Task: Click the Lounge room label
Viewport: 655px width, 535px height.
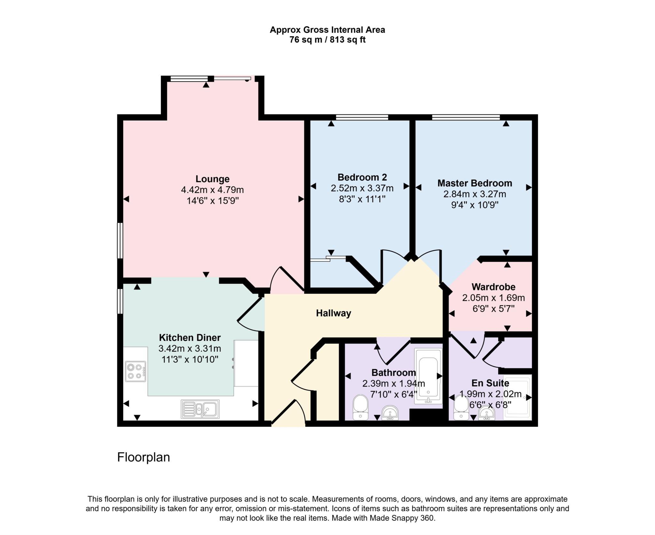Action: coord(212,179)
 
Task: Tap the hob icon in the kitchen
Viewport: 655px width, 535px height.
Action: coord(136,371)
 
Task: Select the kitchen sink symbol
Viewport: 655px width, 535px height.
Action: coord(200,409)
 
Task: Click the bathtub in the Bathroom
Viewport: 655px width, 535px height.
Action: coord(428,376)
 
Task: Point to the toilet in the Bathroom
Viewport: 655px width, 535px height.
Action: coord(360,407)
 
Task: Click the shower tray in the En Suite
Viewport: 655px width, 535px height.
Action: coord(517,397)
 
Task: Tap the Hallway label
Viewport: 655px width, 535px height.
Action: coord(333,313)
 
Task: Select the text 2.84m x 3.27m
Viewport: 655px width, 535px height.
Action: coord(475,194)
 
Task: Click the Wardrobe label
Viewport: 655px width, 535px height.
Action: coord(493,287)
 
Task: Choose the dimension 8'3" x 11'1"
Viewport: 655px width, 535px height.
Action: coord(362,199)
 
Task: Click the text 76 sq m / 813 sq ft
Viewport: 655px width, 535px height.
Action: coord(327,40)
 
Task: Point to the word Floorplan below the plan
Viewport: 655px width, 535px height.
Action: coord(143,457)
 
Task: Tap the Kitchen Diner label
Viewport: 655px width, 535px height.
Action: coord(190,337)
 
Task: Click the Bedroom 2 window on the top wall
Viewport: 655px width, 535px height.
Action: coord(362,117)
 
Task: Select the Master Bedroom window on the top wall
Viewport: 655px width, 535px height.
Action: coord(466,117)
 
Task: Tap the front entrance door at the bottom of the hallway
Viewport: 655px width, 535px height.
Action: coord(288,414)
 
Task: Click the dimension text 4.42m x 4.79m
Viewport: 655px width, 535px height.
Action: coord(212,190)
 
